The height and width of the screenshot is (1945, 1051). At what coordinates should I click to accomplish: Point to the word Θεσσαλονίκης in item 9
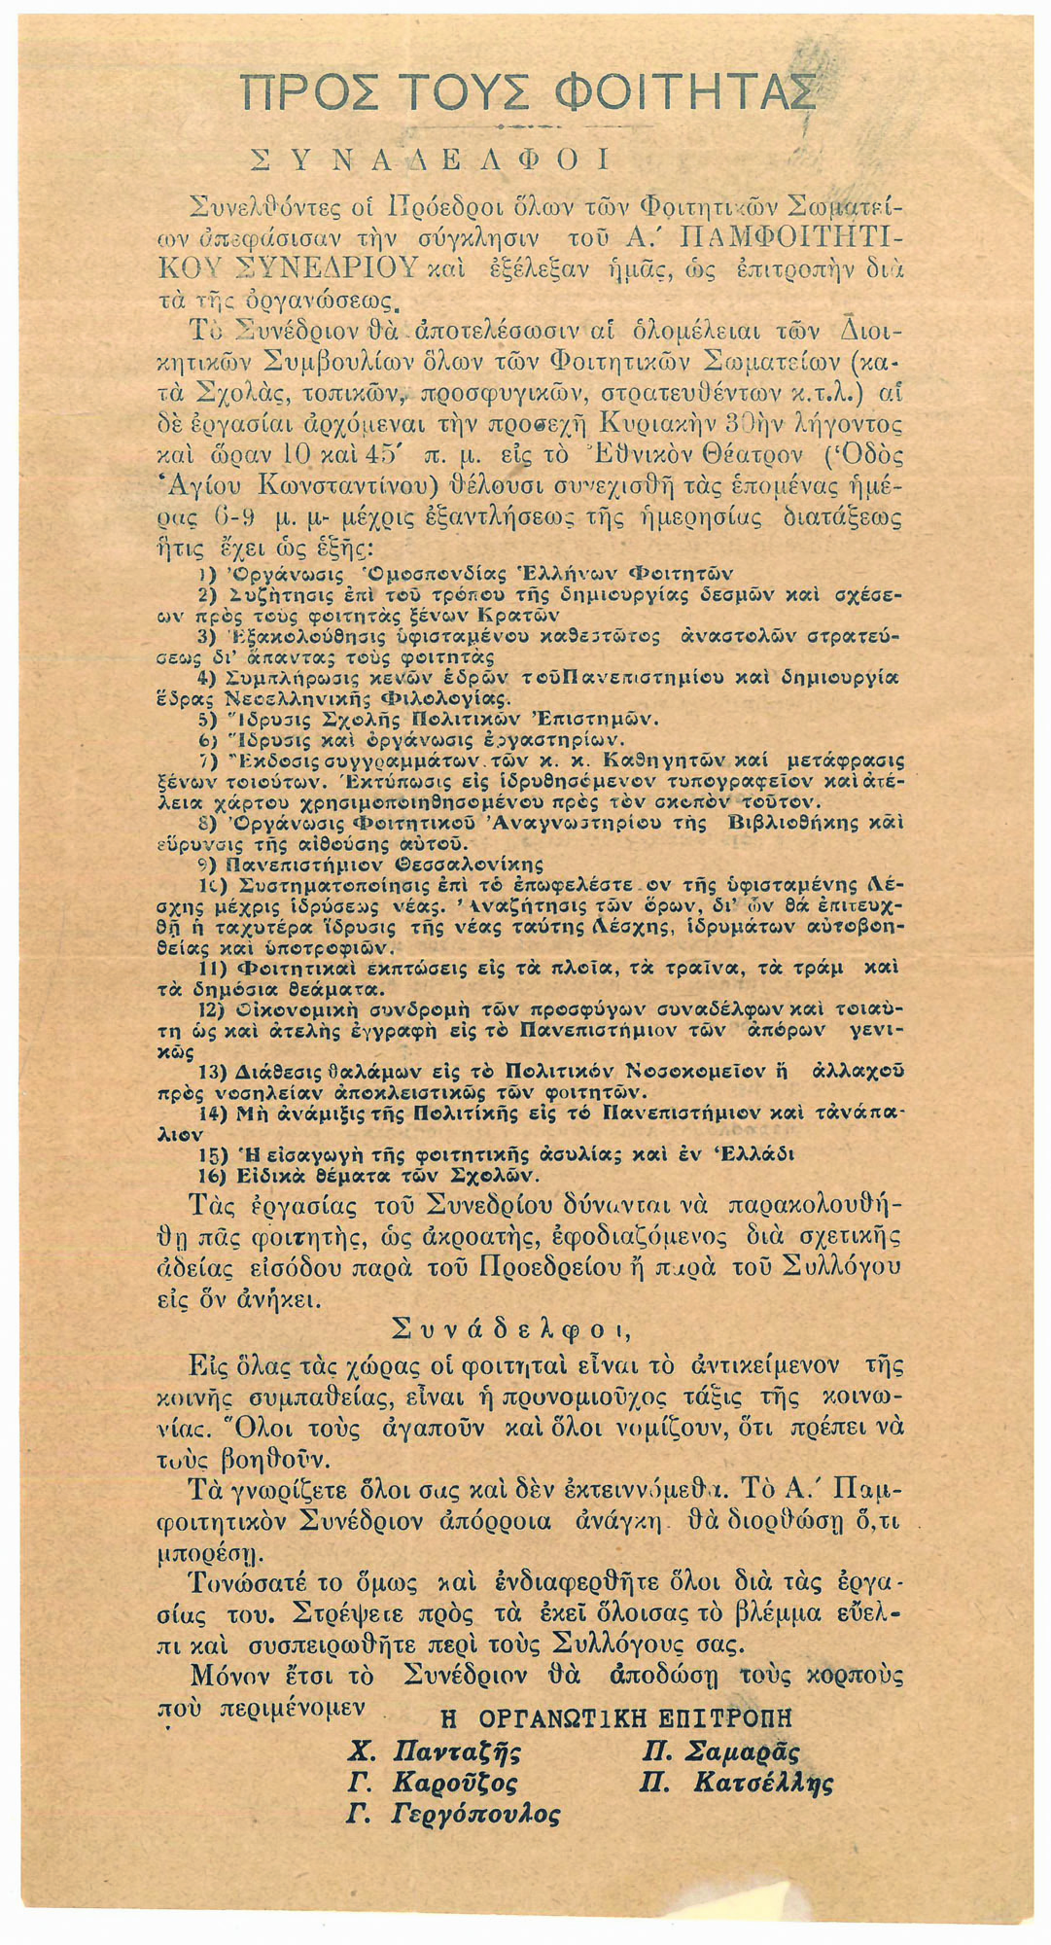468,864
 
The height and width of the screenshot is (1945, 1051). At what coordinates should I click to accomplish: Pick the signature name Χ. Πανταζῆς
435,1752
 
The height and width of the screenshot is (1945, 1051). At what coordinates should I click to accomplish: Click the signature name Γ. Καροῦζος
432,1784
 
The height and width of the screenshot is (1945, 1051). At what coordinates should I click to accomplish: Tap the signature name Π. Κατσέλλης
737,1784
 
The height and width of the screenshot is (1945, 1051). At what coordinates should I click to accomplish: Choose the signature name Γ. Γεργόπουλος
454,1815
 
